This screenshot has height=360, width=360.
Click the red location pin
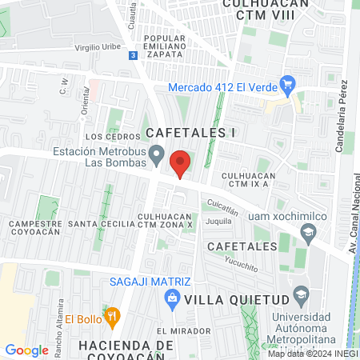pyautogui.click(x=181, y=163)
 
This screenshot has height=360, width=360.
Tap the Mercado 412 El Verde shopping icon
pyautogui.click(x=290, y=86)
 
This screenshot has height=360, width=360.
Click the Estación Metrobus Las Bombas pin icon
pyautogui.click(x=158, y=153)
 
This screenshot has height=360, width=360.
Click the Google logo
pyautogui.click(x=27, y=350)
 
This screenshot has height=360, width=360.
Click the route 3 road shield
pyautogui.click(x=132, y=54)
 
